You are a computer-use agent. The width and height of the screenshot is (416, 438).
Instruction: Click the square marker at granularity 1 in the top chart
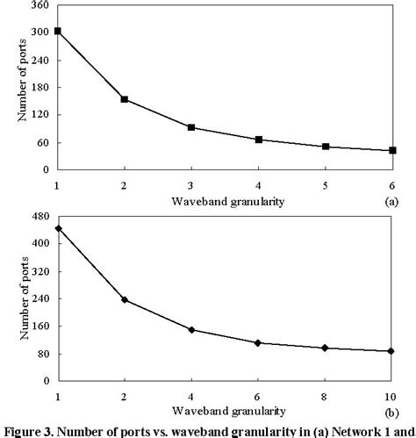(x=57, y=31)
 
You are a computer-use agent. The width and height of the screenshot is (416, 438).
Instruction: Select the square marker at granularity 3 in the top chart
(x=192, y=127)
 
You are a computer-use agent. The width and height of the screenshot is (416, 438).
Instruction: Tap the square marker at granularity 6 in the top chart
(x=392, y=150)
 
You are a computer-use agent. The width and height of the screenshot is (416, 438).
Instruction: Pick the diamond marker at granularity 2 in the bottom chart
(x=125, y=299)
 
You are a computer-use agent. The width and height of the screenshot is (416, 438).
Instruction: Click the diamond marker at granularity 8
(x=326, y=348)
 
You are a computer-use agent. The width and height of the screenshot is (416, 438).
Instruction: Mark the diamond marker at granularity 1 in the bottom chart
(x=58, y=228)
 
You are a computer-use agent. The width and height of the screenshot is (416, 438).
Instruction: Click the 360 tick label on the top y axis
(x=39, y=5)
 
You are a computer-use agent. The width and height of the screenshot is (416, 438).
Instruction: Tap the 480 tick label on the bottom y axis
(x=39, y=217)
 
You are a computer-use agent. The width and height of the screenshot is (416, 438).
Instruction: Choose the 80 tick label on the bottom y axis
(x=42, y=354)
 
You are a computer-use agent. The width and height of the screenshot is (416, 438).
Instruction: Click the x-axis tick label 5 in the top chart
(x=326, y=185)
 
